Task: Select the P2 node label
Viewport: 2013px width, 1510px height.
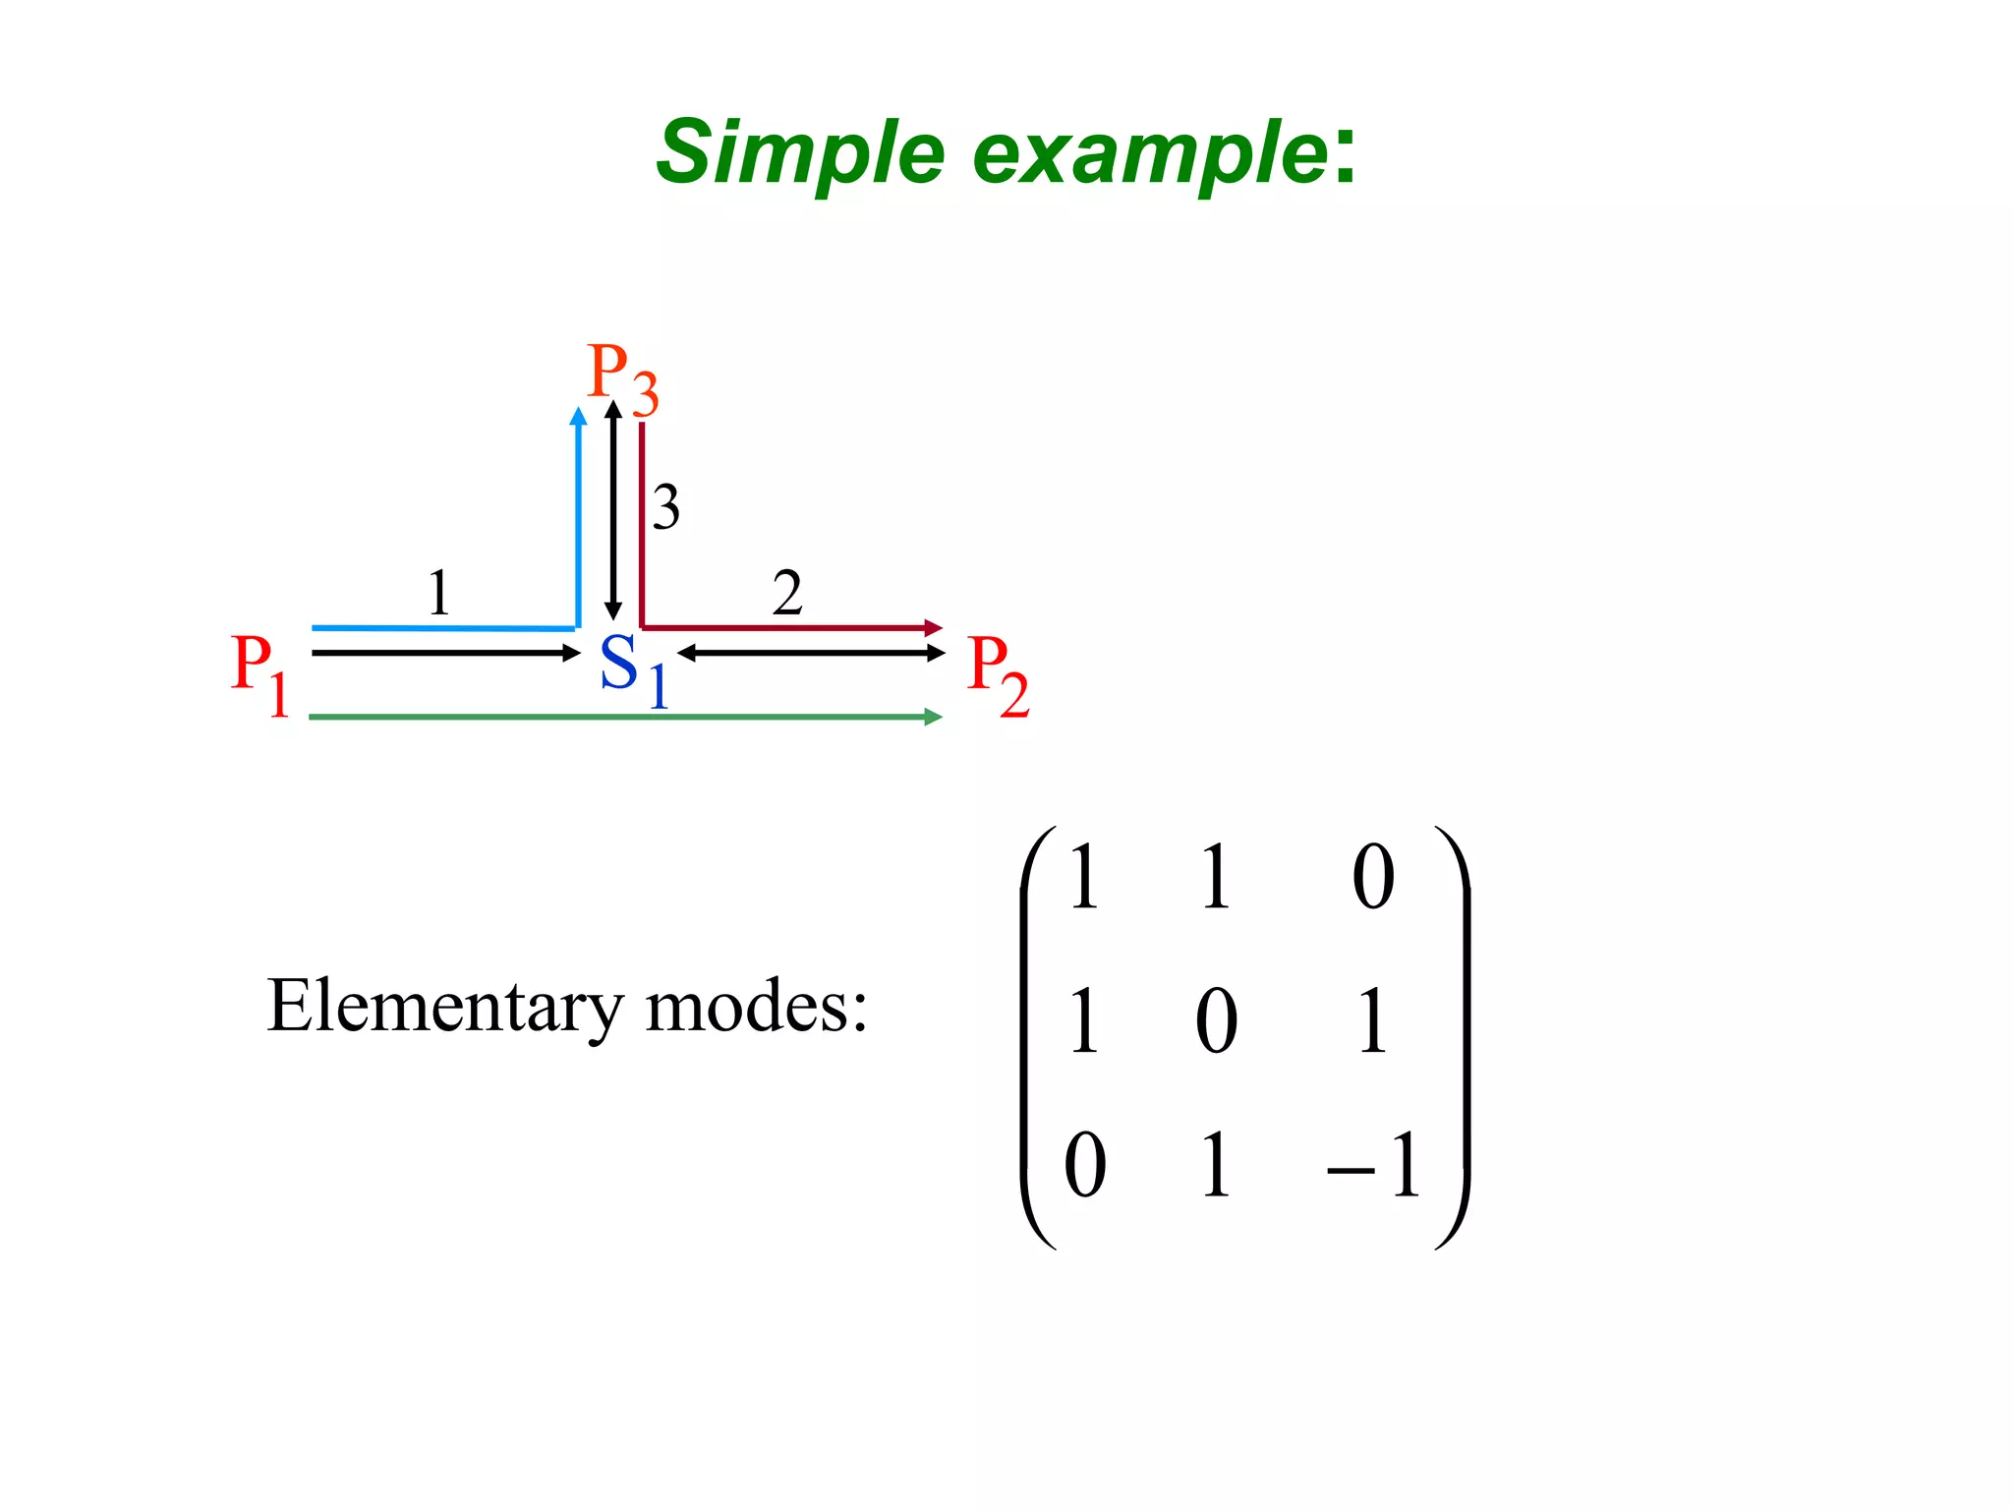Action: coord(997,674)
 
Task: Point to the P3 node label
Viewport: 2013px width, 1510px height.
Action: coord(621,377)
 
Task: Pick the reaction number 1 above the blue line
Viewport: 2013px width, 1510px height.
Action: coord(438,593)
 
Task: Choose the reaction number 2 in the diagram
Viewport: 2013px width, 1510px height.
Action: coord(786,593)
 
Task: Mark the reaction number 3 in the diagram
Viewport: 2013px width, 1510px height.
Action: coord(665,507)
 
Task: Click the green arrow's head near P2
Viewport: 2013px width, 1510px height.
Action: coord(934,717)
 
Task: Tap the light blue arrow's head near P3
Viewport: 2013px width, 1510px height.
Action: coord(579,417)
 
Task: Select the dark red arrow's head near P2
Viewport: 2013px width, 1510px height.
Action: coord(934,627)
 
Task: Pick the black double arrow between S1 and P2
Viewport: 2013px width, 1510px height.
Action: coord(811,653)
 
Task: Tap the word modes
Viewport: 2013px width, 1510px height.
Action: coord(756,1007)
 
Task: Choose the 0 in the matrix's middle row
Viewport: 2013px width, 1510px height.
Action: coord(1216,1021)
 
